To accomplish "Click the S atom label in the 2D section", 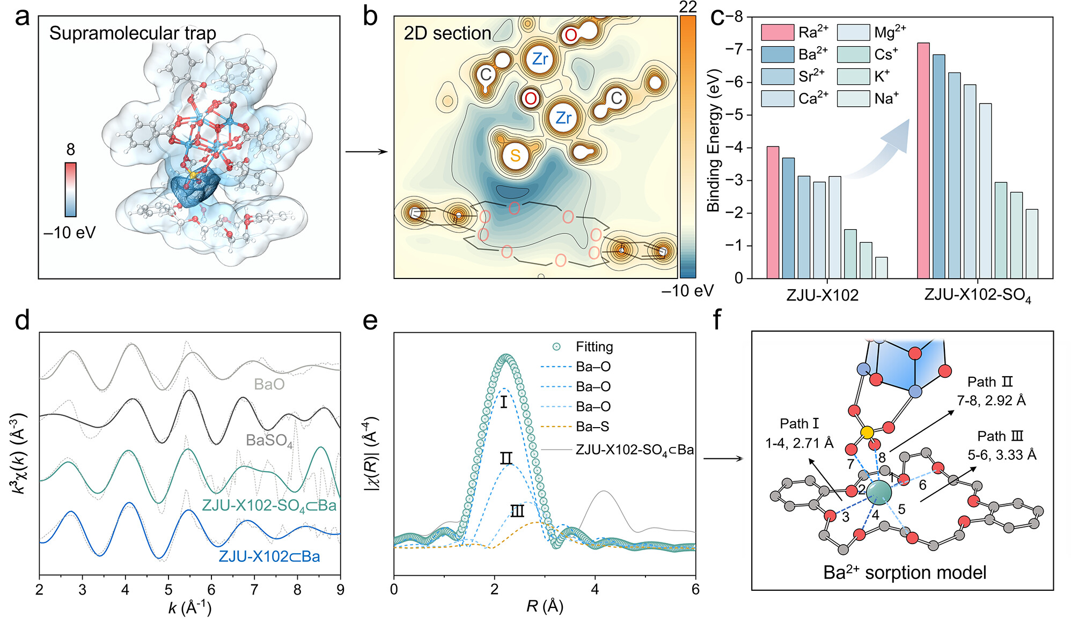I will [x=515, y=156].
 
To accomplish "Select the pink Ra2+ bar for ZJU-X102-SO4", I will [x=923, y=161].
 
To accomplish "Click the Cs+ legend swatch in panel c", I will [x=853, y=55].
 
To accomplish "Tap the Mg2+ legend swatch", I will [x=853, y=33].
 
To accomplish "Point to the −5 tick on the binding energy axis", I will [x=738, y=115].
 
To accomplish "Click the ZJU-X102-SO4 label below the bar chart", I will [x=977, y=296].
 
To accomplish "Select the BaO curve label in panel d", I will [x=269, y=384].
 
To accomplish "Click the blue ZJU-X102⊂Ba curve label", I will [x=269, y=556].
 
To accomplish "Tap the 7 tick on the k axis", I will [x=254, y=590].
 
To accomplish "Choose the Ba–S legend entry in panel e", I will [x=593, y=427].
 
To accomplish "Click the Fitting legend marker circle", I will [x=556, y=347].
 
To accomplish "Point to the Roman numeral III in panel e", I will [x=517, y=511].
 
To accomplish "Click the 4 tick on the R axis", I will [x=595, y=589].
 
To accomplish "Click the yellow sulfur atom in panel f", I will [x=867, y=432].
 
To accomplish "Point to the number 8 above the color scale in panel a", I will [x=70, y=150].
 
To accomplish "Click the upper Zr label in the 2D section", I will [x=540, y=59].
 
